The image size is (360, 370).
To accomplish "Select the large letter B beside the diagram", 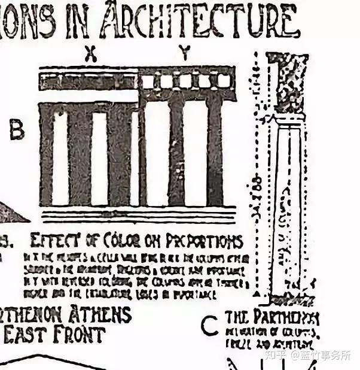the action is [x=17, y=129].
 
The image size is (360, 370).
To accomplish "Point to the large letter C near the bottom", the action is [x=209, y=326].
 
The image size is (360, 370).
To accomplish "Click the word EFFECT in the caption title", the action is [x=53, y=241].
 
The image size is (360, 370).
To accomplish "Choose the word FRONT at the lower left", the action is [x=81, y=334].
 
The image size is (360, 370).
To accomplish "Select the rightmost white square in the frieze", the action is [x=223, y=81].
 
